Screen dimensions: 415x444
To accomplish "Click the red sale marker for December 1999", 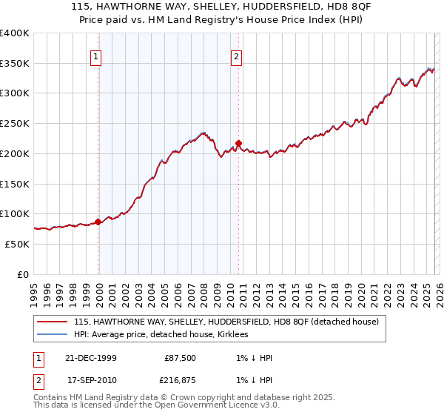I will click(98, 221).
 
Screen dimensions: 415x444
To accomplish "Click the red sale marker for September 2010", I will click(238, 143).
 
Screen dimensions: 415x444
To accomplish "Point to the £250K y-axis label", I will click(15, 123).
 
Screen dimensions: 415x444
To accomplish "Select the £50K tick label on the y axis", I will click(18, 244).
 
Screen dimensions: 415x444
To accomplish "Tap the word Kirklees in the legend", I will click(234, 334).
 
